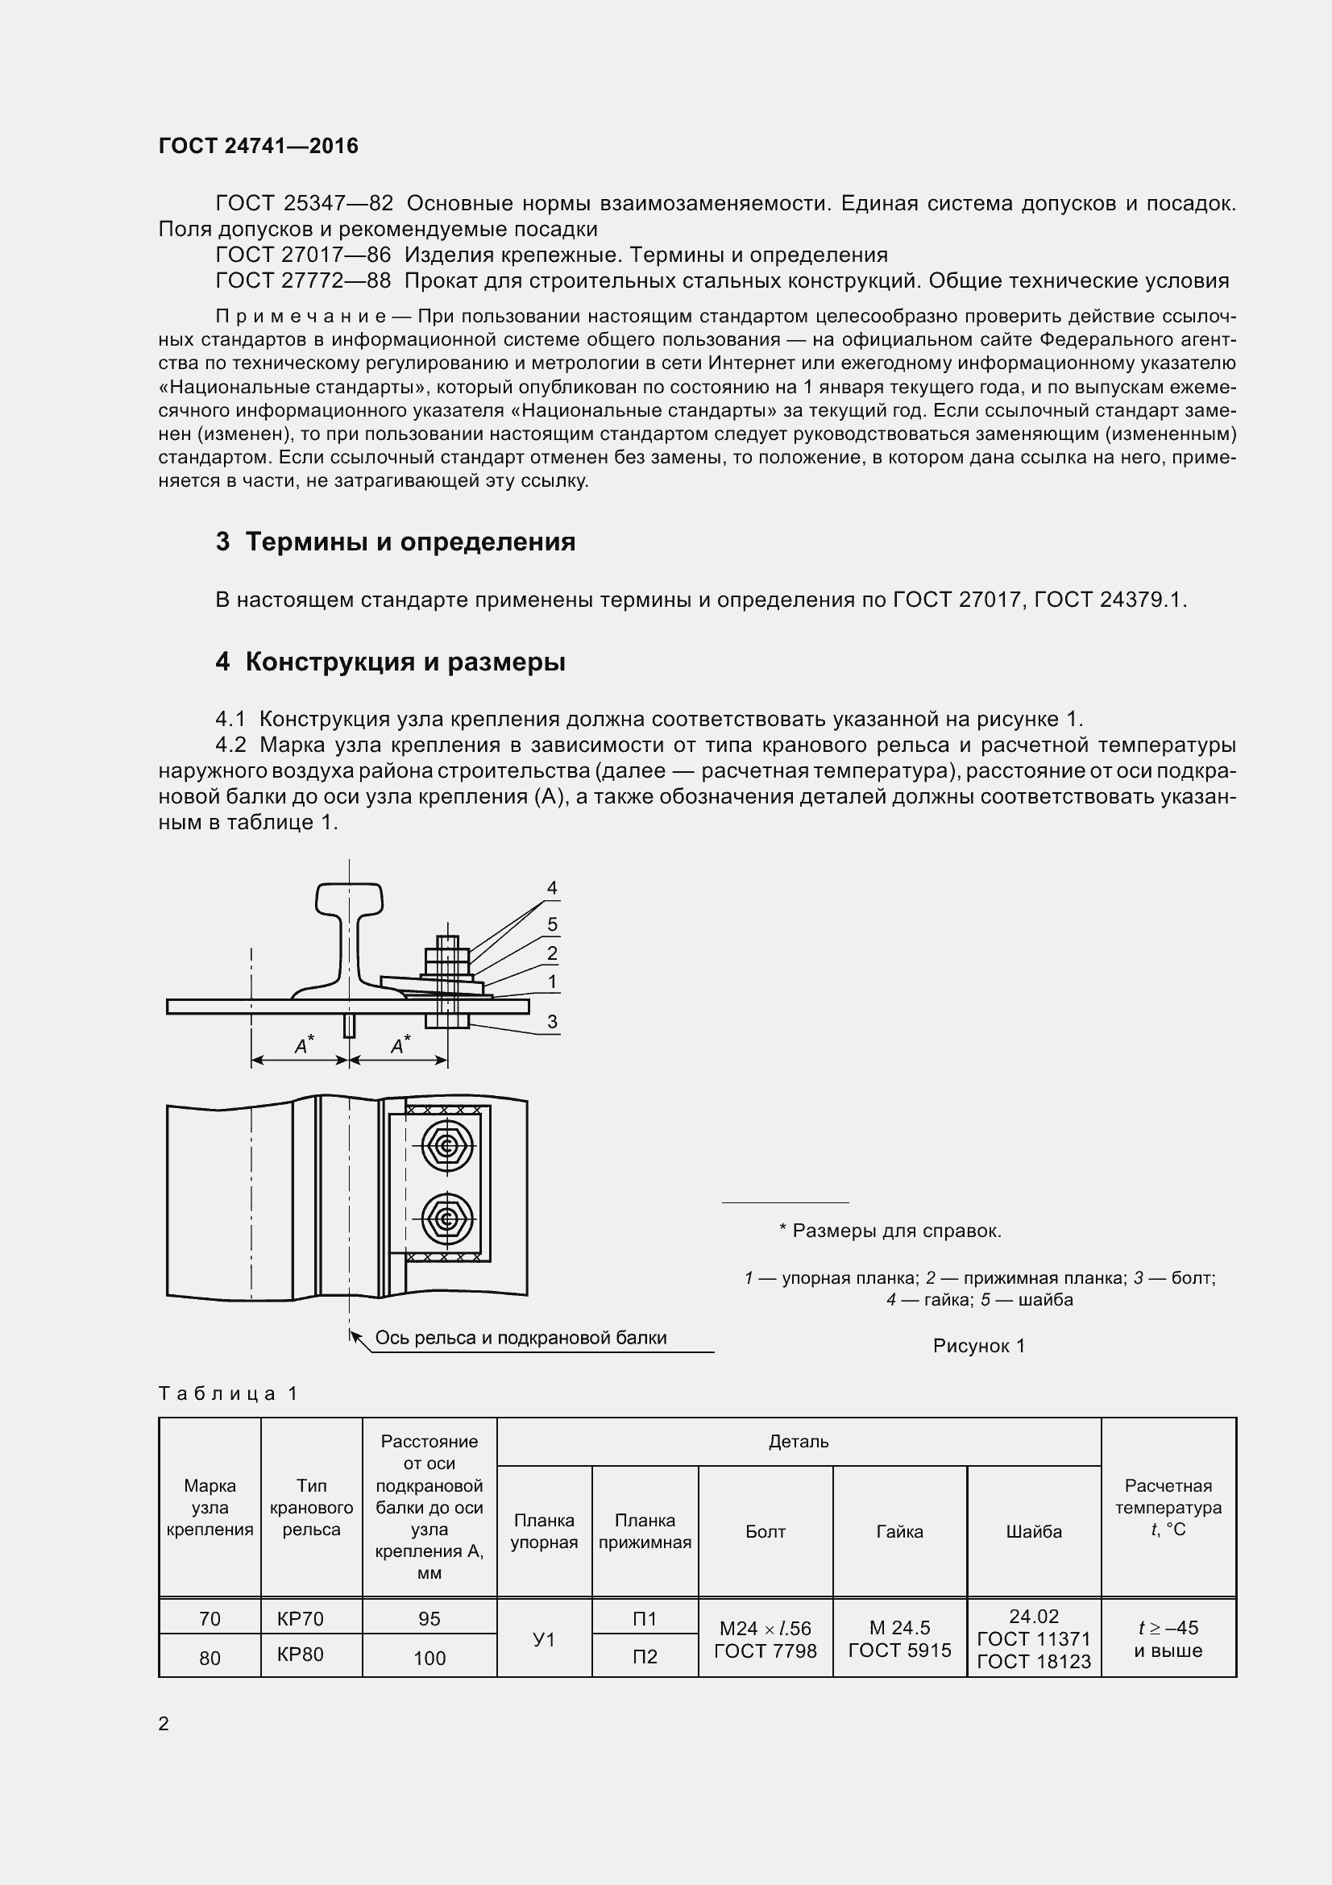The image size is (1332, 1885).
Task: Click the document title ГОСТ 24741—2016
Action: click(x=259, y=146)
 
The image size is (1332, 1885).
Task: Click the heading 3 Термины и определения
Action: click(x=396, y=542)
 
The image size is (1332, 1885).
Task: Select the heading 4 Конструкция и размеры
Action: click(x=391, y=662)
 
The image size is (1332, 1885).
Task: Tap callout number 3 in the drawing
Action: click(x=552, y=1021)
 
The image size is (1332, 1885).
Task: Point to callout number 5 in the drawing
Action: click(x=552, y=924)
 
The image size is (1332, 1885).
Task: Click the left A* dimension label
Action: click(x=305, y=1046)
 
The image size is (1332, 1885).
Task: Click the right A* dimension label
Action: click(x=400, y=1046)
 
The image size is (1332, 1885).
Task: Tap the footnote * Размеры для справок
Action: click(x=890, y=1231)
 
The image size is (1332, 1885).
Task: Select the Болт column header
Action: click(x=765, y=1531)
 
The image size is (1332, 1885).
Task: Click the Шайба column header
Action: click(x=1033, y=1531)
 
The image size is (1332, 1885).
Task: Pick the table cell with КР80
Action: click(x=301, y=1655)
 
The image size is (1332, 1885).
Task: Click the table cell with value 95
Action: click(x=429, y=1618)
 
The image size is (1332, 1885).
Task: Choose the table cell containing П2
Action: click(x=645, y=1656)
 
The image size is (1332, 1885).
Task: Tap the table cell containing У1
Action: click(x=544, y=1638)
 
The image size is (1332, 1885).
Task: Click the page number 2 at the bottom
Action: click(x=164, y=1723)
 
